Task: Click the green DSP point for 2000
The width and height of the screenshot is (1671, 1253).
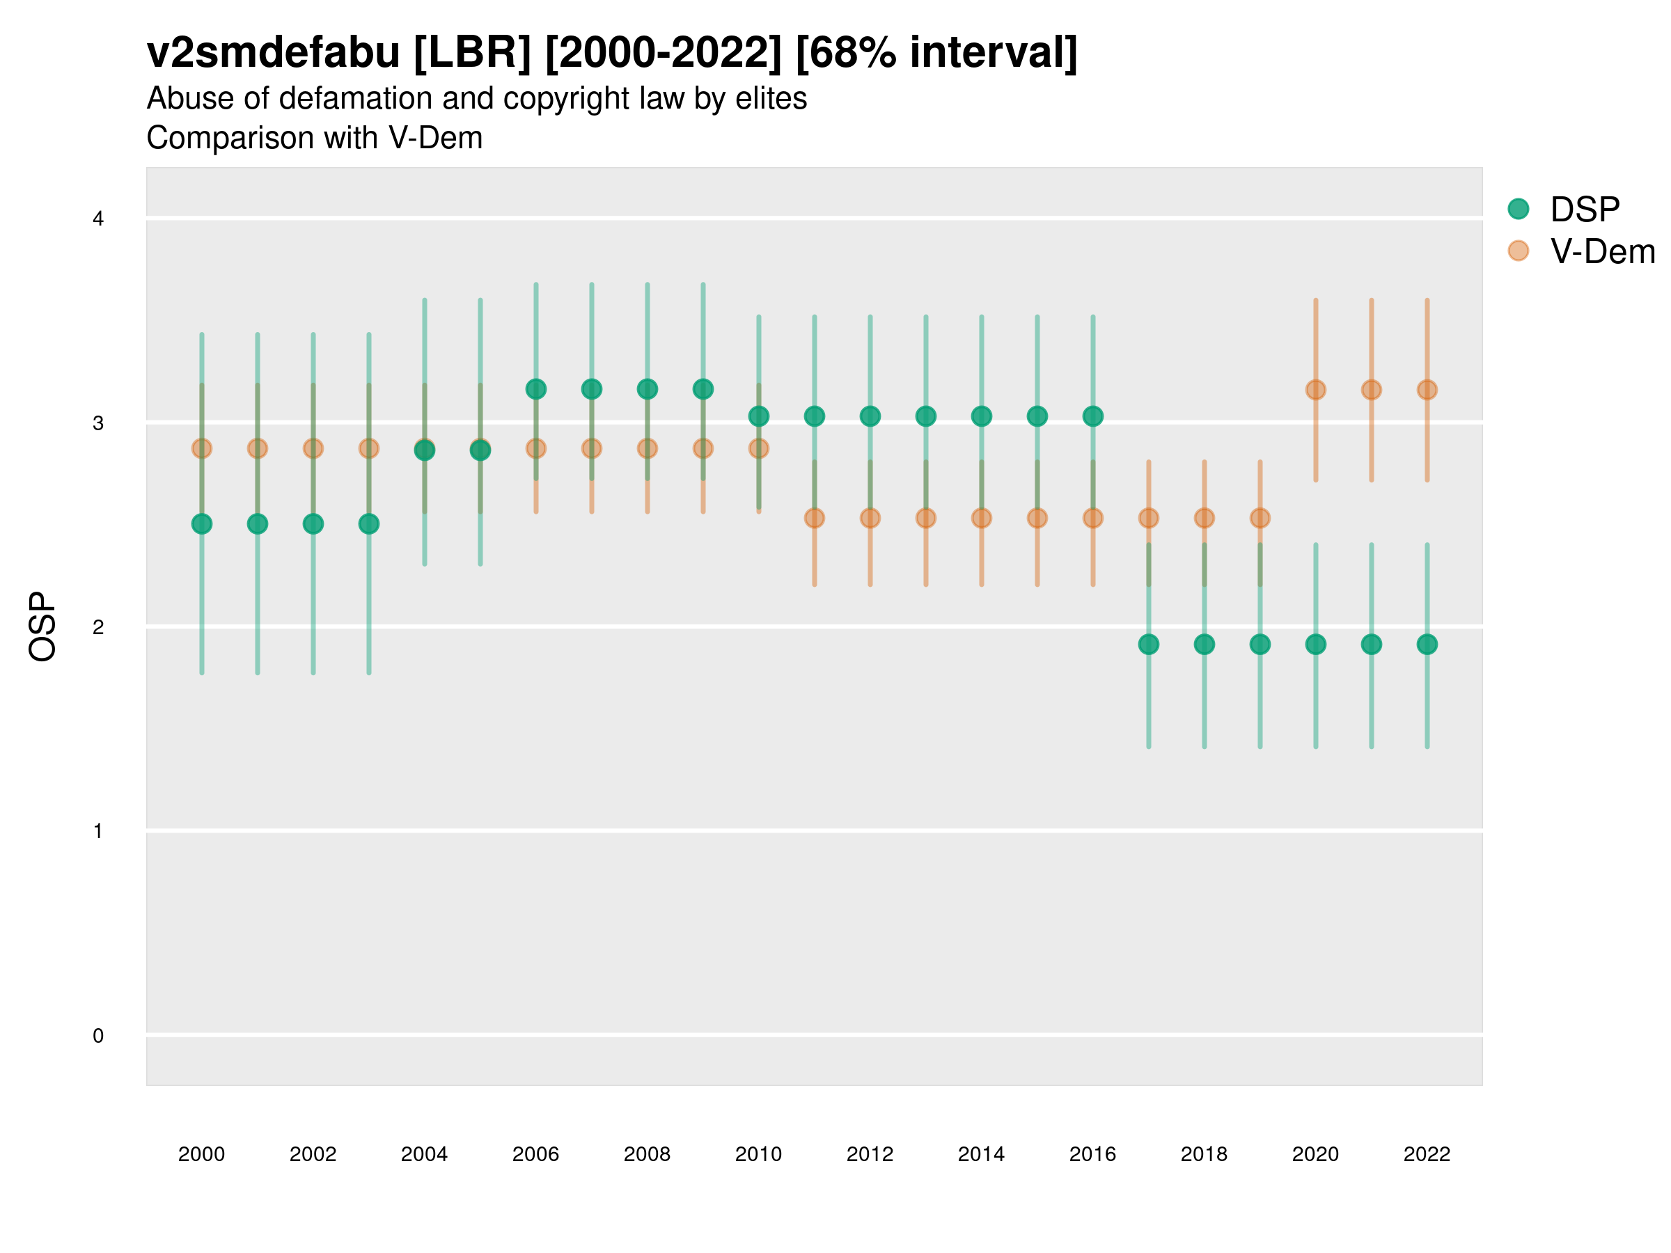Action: tap(202, 524)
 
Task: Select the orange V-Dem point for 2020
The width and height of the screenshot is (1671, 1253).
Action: tap(1315, 390)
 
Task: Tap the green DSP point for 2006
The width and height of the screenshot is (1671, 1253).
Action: tap(535, 389)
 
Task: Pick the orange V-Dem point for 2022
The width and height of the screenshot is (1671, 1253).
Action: tap(1427, 390)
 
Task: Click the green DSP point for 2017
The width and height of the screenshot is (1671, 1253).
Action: tap(1148, 644)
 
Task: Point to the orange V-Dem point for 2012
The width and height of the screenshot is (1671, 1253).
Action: tap(870, 518)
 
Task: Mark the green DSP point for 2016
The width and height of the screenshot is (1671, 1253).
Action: tap(1093, 416)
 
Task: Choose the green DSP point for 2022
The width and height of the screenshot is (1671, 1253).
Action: tap(1427, 644)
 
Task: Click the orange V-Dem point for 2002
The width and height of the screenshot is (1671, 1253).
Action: tap(313, 448)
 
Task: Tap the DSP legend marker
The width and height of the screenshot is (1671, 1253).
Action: tap(1519, 210)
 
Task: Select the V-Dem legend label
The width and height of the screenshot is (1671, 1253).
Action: tap(1602, 251)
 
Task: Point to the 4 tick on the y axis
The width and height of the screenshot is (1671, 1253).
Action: tap(98, 219)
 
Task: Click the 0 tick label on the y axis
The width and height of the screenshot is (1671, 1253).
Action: tap(98, 1036)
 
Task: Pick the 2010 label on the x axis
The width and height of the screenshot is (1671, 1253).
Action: tap(758, 1154)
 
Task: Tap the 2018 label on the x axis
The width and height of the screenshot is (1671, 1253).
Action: tap(1204, 1154)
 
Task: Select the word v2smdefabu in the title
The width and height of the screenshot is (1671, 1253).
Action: tap(273, 53)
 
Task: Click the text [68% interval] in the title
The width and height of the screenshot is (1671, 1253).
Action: tap(936, 53)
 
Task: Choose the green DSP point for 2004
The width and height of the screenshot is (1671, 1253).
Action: tap(425, 450)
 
